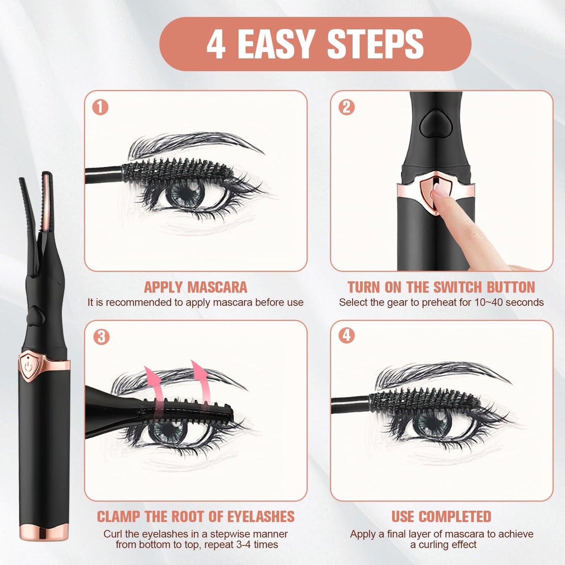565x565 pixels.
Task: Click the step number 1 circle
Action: [100, 107]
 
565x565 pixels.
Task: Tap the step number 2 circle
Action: [346, 107]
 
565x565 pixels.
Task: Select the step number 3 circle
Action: [101, 337]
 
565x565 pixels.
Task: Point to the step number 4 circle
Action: [346, 335]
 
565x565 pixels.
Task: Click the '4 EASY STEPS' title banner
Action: [315, 44]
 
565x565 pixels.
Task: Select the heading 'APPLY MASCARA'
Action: [196, 287]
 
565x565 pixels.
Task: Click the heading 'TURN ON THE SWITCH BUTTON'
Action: [441, 287]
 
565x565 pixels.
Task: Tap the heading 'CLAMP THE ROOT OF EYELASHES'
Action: [196, 517]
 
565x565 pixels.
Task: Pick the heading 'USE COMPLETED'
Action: [441, 517]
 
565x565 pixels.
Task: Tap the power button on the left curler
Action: [28, 367]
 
